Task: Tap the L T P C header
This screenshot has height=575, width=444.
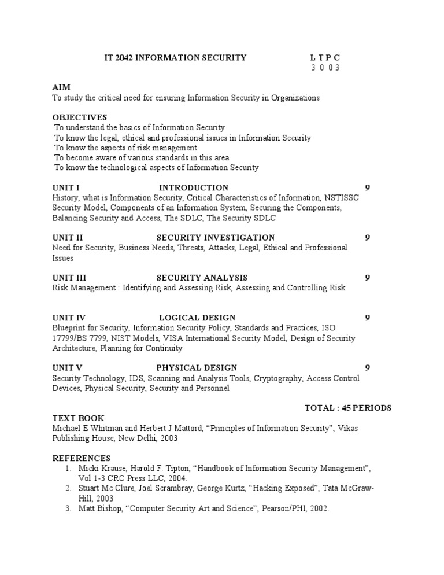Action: click(x=325, y=57)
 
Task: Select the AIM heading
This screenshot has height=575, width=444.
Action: click(x=61, y=87)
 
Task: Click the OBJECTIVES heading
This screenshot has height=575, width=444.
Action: click(x=80, y=117)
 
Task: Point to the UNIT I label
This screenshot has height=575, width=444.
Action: click(x=65, y=187)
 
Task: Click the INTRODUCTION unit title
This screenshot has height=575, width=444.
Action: click(x=194, y=187)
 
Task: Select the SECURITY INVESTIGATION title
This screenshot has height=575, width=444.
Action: click(x=215, y=237)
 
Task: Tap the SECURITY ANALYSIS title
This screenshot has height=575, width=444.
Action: click(x=202, y=278)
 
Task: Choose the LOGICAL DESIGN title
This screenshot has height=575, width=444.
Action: click(x=197, y=318)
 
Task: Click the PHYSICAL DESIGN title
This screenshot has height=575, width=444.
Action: click(x=196, y=367)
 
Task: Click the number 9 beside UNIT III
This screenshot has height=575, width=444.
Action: click(x=368, y=278)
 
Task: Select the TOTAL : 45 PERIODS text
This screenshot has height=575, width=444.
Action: click(x=348, y=408)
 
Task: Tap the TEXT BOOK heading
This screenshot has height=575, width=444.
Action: click(x=78, y=418)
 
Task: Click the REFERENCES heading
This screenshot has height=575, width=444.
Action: click(x=81, y=458)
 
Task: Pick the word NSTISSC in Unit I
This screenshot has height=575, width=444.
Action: click(x=342, y=197)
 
